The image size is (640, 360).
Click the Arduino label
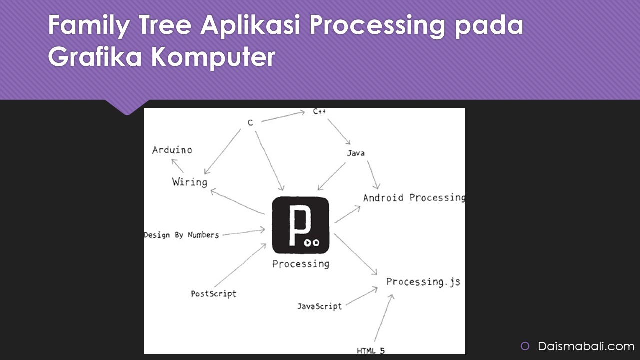point(172,150)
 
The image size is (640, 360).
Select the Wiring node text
point(190,182)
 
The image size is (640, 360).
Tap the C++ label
point(319,112)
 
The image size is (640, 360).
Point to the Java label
point(356,153)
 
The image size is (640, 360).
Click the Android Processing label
point(414,198)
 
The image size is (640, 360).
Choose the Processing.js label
point(423,282)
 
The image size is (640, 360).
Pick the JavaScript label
point(320,306)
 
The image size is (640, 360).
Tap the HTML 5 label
point(371,350)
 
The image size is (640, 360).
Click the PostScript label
point(214,293)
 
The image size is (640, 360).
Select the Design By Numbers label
point(181,235)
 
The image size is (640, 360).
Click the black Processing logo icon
point(301,225)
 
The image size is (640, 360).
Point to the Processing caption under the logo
point(301,264)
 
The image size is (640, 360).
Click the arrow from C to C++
point(283,116)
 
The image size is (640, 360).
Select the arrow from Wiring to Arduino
point(177,166)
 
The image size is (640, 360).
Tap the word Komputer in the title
point(213,57)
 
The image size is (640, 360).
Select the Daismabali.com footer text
point(586,346)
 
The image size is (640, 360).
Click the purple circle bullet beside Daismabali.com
point(525,346)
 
